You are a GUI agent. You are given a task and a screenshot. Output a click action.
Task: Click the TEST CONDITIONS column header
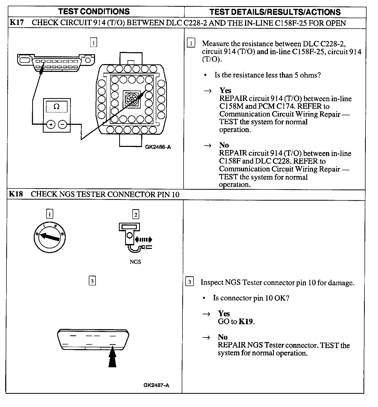point(94,12)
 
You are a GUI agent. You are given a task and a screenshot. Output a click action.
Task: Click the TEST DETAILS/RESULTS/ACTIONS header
point(275,12)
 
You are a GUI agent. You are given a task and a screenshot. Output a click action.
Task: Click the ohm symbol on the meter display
point(56,106)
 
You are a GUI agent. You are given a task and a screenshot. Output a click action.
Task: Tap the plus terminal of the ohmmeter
point(51,125)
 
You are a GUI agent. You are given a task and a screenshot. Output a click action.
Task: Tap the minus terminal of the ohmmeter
point(63,125)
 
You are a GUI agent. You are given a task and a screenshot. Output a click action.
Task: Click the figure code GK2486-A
point(158,147)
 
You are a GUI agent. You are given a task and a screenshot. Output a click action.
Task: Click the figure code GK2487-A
point(156,385)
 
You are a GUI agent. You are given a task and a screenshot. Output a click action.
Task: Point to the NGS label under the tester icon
point(135,262)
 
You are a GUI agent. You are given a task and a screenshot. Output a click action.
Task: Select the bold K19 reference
point(246,322)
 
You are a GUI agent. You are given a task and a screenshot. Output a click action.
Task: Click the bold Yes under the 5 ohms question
point(225,90)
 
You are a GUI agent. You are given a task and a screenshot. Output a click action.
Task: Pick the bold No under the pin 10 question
point(223,337)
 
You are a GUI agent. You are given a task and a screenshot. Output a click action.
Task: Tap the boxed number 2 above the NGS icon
point(136,214)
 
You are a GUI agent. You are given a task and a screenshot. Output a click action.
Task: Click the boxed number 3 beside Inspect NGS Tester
point(190,282)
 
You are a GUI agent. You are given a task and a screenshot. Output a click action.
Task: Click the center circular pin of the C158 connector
point(132,99)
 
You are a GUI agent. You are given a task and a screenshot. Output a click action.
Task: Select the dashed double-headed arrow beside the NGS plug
point(144,240)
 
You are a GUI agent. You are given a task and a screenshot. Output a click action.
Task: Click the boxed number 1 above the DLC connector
point(93,42)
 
